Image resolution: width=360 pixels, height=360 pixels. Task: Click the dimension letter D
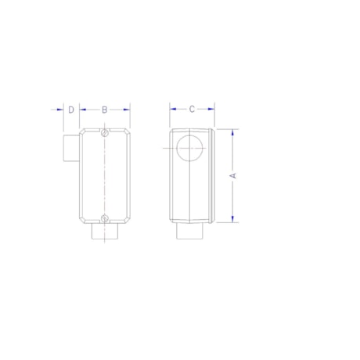click(70, 110)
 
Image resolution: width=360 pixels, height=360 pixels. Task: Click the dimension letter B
click(104, 110)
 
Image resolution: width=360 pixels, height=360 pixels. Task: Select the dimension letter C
click(192, 110)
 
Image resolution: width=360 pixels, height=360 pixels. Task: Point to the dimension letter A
click(232, 176)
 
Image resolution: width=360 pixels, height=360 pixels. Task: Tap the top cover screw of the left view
click(104, 135)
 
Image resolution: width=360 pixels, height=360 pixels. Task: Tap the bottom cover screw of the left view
click(104, 218)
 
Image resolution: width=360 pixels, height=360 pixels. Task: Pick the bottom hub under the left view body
click(104, 232)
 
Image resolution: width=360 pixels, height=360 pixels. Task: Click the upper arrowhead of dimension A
click(232, 132)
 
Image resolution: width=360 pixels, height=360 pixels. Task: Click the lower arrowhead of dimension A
click(232, 219)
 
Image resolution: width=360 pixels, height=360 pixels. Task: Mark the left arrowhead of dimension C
click(173, 110)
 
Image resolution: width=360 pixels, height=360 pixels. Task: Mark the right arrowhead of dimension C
click(211, 110)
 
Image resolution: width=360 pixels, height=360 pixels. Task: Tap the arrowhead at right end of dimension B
click(128, 110)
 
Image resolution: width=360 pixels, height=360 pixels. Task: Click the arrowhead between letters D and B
click(81, 110)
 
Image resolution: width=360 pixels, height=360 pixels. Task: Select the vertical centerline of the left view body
click(104, 176)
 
